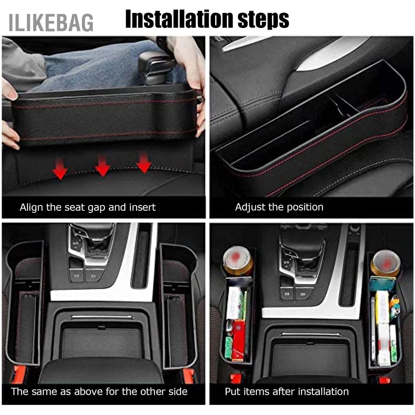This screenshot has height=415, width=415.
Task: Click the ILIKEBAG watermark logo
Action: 51,22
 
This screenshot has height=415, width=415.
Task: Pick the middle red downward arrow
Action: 103,166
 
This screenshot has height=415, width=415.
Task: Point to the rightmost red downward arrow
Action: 143,163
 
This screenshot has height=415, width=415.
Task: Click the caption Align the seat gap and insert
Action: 88,207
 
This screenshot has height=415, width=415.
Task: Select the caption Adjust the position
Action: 279,207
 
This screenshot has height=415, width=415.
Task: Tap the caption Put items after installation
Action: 287,391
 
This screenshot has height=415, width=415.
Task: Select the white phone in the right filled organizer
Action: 373,328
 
